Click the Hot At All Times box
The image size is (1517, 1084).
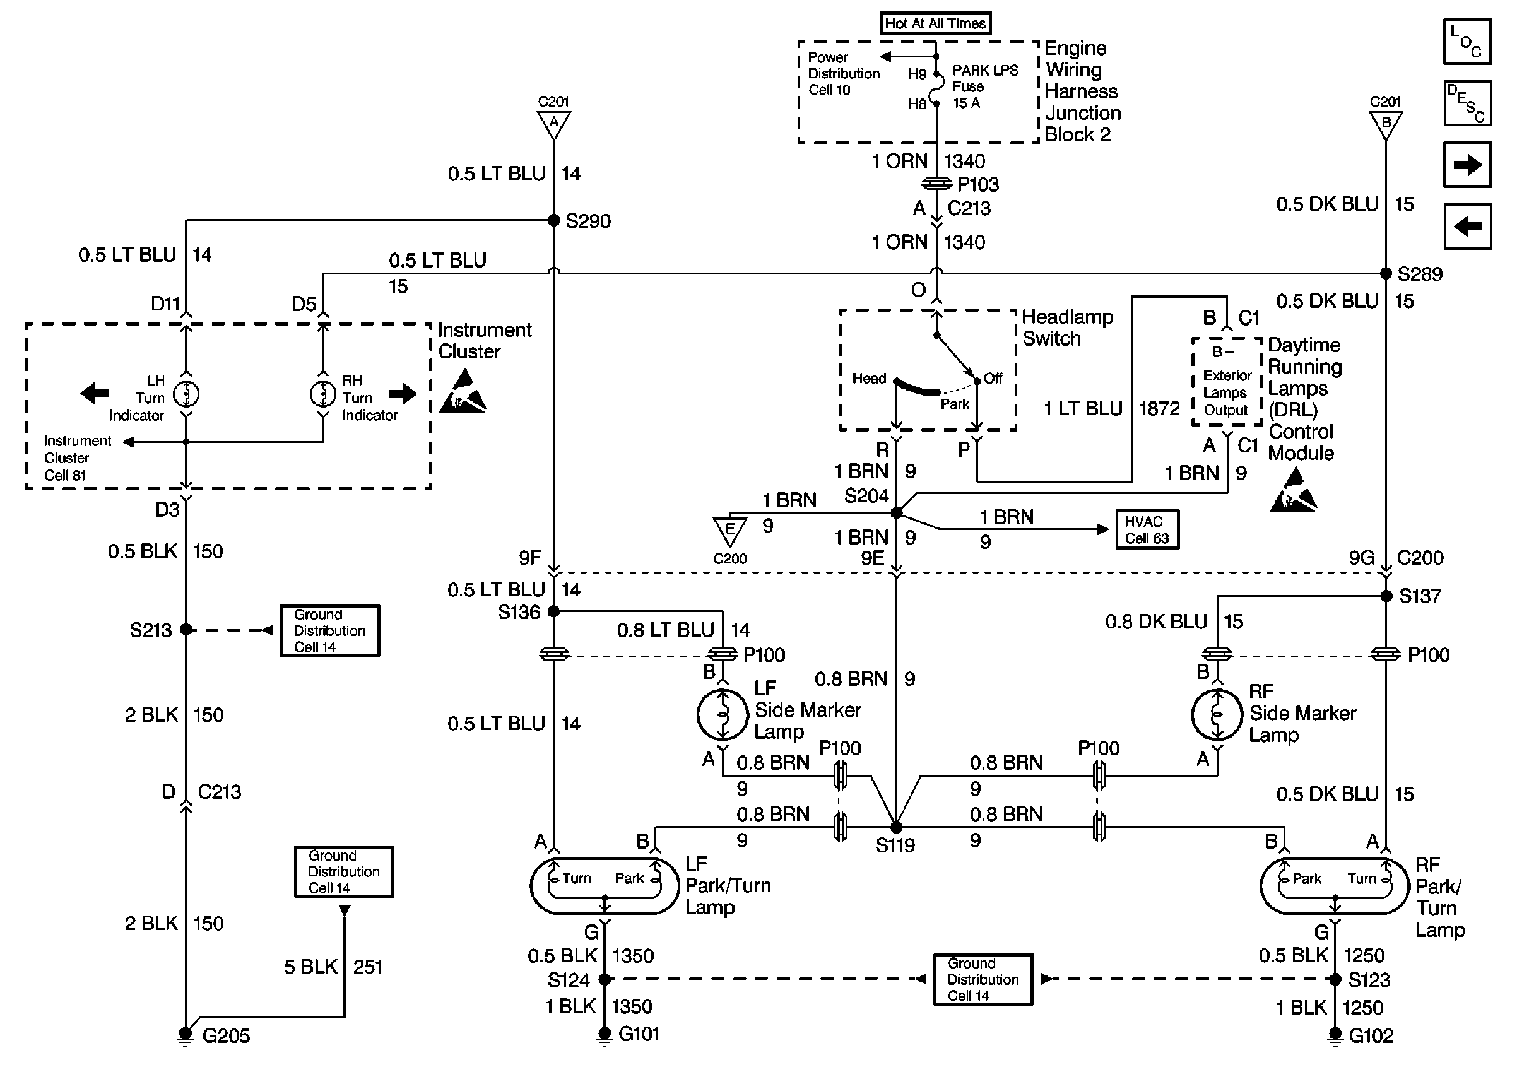935,23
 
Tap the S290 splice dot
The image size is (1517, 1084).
553,220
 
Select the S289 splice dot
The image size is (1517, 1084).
1386,273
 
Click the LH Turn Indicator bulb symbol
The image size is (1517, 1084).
186,394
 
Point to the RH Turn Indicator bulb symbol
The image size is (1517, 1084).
323,394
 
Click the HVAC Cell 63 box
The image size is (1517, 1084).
1147,530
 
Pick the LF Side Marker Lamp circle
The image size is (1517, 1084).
722,715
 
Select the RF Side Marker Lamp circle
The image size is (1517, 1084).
1217,715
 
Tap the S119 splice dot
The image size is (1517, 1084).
896,828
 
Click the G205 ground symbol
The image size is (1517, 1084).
186,1035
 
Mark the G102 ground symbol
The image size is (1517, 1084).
1335,1035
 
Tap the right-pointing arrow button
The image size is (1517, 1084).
1467,165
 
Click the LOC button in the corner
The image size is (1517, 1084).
1467,42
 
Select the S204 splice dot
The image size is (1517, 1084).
896,512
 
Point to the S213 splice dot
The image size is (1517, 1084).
186,630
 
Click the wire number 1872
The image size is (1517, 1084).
1159,408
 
